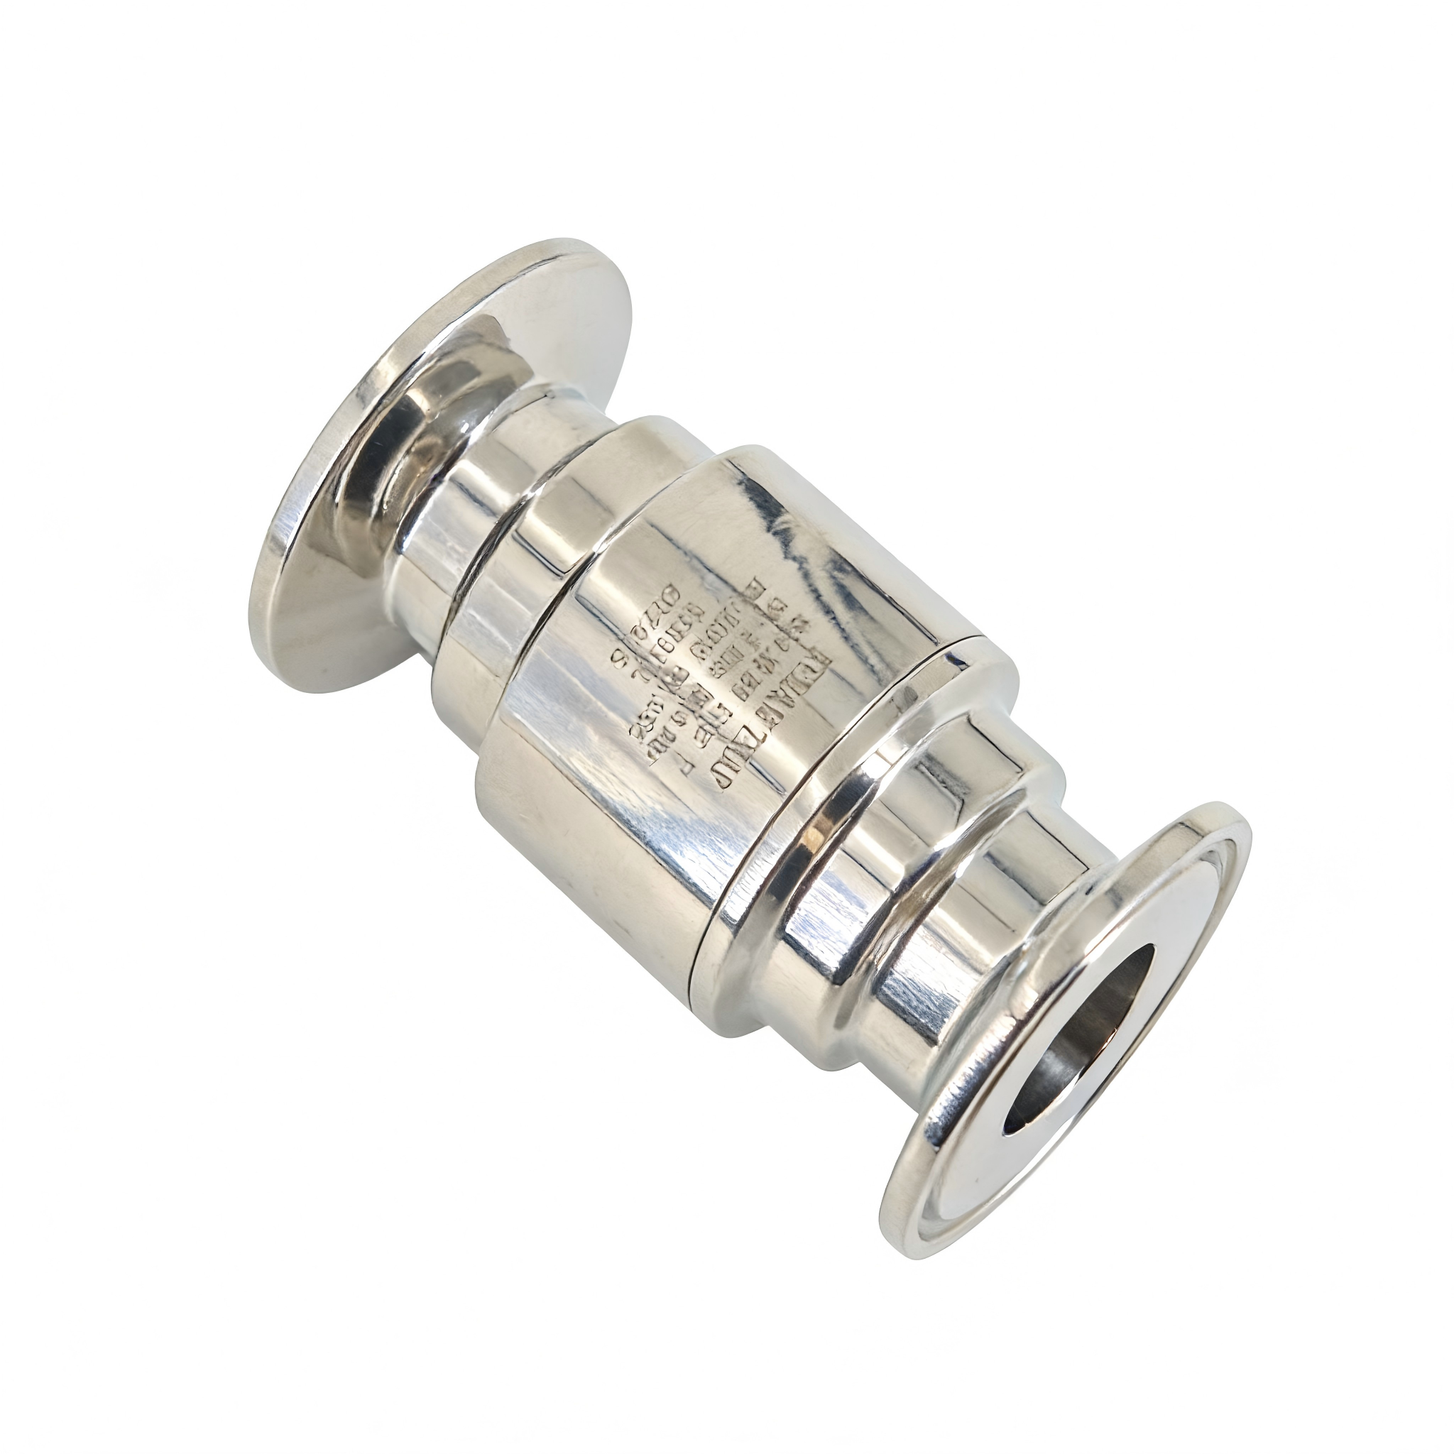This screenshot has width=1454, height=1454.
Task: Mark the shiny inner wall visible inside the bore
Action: click(x=1054, y=1068)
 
